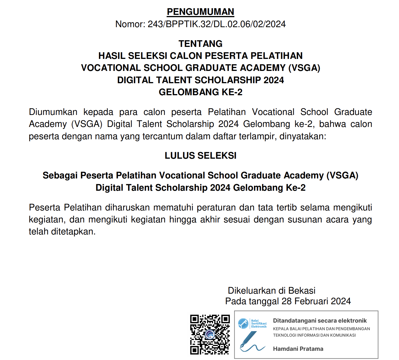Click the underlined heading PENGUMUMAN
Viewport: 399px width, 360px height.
coord(200,12)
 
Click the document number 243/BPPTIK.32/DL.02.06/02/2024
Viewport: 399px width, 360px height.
coord(216,24)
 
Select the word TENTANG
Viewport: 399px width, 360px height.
coord(200,43)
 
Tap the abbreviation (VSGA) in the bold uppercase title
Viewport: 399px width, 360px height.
coord(304,68)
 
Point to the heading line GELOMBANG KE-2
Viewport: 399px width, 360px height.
coord(200,92)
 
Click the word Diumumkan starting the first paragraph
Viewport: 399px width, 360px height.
coord(53,112)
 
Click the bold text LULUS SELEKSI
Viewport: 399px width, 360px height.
coord(200,156)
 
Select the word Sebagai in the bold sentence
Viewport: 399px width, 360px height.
coord(60,175)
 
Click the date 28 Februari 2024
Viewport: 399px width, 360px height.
coord(316,301)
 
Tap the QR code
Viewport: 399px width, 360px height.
coord(210,335)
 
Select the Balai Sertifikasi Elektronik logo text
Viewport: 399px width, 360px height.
coord(259,323)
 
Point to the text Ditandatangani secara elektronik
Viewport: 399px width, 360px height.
coord(320,321)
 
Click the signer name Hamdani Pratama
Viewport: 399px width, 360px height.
coord(298,349)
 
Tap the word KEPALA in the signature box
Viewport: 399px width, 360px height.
coord(281,329)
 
